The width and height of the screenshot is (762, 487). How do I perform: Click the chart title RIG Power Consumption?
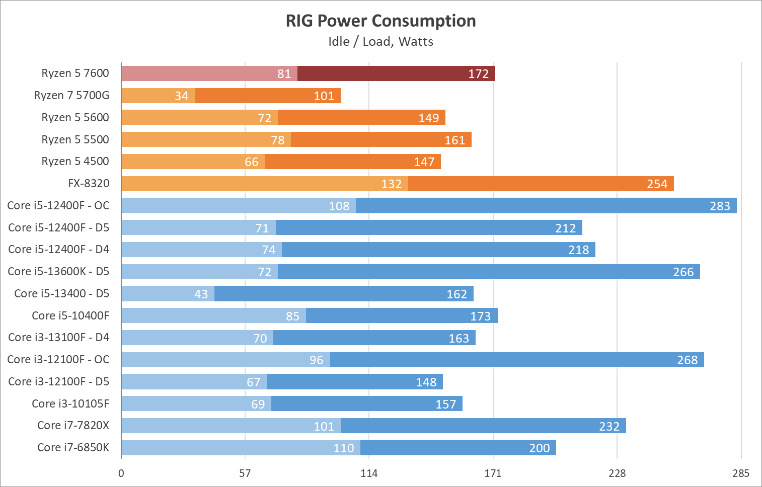tap(380, 21)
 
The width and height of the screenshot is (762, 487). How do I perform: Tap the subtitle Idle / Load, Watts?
tap(380, 41)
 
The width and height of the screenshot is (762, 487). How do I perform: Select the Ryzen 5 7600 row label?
tap(75, 73)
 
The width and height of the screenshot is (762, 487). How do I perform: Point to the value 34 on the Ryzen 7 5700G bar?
tap(181, 96)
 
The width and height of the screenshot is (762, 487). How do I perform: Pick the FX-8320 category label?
tap(89, 184)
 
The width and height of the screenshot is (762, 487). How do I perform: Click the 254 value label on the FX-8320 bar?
tap(657, 184)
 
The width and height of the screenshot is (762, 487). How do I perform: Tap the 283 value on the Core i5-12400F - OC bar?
tap(720, 206)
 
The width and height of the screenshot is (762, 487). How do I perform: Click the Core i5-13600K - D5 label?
tap(58, 272)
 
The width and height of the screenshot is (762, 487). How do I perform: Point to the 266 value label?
tap(683, 272)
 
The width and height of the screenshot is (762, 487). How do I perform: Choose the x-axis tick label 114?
tap(369, 473)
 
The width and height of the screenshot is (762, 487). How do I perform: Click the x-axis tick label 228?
tap(617, 473)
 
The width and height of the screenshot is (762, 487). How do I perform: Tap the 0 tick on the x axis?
tap(121, 473)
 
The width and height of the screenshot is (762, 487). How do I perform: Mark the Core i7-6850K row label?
tap(73, 448)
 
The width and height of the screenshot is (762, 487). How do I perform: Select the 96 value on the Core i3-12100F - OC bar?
tap(316, 360)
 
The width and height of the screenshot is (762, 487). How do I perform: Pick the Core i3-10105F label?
tap(70, 404)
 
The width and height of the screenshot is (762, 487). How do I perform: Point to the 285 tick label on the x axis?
tap(741, 473)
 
